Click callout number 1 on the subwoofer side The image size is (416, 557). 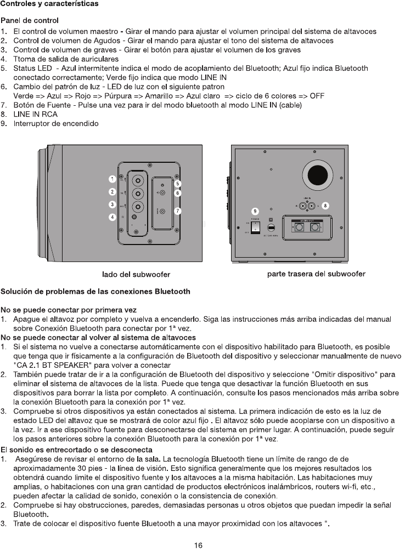[x=112, y=179]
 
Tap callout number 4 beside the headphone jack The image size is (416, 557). [x=112, y=218]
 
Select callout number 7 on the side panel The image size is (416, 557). [x=178, y=211]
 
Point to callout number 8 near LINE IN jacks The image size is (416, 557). [x=325, y=206]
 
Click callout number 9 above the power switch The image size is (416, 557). [x=255, y=211]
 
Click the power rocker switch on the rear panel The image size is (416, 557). [x=255, y=226]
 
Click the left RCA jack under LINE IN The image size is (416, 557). [x=302, y=206]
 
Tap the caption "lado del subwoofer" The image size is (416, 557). [x=136, y=274]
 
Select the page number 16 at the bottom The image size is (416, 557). [x=199, y=545]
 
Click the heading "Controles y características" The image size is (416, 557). [x=49, y=4]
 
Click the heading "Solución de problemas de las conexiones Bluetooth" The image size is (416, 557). [x=95, y=292]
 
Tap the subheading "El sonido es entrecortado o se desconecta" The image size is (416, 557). [x=77, y=450]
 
